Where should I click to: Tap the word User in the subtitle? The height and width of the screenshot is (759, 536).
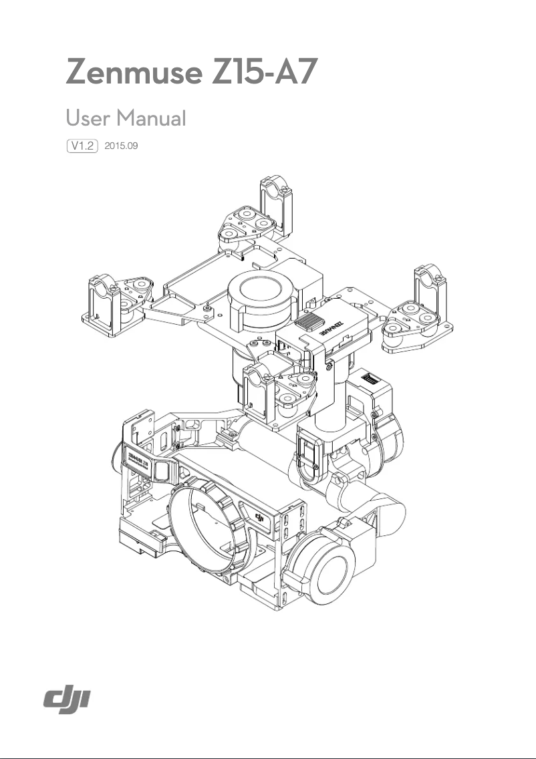point(88,118)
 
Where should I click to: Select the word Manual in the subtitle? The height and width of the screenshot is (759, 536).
point(150,118)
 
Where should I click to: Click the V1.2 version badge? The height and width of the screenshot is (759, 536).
point(83,145)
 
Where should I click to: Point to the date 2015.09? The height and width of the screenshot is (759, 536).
point(122,145)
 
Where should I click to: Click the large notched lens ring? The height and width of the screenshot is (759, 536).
point(213,528)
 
